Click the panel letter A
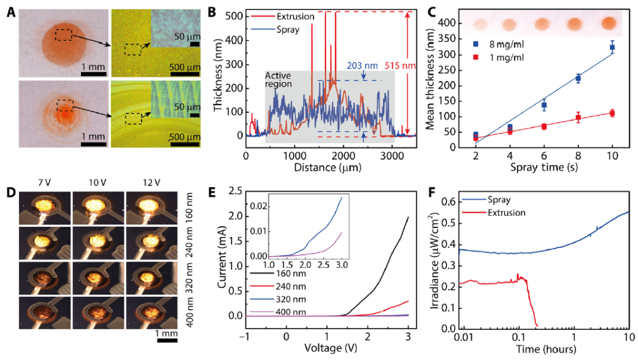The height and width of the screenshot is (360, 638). tap(9, 11)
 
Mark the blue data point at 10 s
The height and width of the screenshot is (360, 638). tap(612, 47)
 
